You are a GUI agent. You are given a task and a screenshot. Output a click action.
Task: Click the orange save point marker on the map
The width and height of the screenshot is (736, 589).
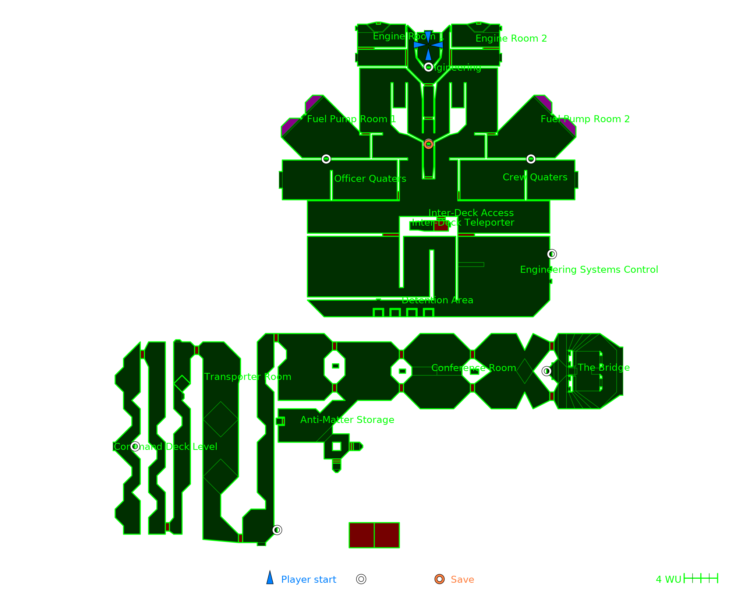428,144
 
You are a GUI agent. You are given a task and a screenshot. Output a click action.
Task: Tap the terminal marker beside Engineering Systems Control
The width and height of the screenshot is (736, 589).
552,254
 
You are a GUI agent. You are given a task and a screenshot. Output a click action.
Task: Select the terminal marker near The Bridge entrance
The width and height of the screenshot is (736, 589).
546,371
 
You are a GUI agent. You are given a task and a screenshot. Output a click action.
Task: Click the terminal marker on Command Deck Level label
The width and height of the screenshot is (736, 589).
135,447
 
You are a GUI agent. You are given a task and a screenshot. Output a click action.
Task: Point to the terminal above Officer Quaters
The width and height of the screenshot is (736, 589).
326,159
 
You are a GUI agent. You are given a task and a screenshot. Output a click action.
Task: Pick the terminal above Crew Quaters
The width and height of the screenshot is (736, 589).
531,159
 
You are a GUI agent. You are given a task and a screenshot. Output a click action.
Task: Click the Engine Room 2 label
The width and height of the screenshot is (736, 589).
511,38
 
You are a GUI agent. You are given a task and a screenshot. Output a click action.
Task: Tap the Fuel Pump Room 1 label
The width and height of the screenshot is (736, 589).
351,119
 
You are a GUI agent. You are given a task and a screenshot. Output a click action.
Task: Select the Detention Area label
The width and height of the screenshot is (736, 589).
437,300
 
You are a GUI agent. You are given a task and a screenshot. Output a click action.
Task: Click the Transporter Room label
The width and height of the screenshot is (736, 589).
248,377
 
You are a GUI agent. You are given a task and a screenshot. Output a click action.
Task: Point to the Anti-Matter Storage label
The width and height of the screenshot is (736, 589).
347,420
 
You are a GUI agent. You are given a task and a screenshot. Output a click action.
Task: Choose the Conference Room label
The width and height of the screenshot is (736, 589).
474,368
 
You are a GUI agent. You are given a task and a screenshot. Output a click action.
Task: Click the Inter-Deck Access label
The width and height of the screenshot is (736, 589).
471,213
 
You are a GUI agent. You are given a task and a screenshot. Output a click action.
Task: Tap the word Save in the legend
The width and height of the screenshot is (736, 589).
462,579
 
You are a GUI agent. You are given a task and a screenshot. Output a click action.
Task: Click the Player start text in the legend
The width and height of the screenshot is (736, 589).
308,579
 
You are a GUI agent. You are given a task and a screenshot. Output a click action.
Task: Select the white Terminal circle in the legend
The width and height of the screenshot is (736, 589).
361,579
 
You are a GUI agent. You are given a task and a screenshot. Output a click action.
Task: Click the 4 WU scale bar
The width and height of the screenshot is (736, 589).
701,578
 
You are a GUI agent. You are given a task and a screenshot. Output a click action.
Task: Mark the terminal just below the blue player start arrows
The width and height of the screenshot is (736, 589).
428,67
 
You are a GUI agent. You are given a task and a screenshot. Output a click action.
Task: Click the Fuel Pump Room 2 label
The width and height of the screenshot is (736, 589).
585,119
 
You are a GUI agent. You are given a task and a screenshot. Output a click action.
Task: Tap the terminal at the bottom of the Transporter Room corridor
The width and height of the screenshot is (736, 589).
277,530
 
